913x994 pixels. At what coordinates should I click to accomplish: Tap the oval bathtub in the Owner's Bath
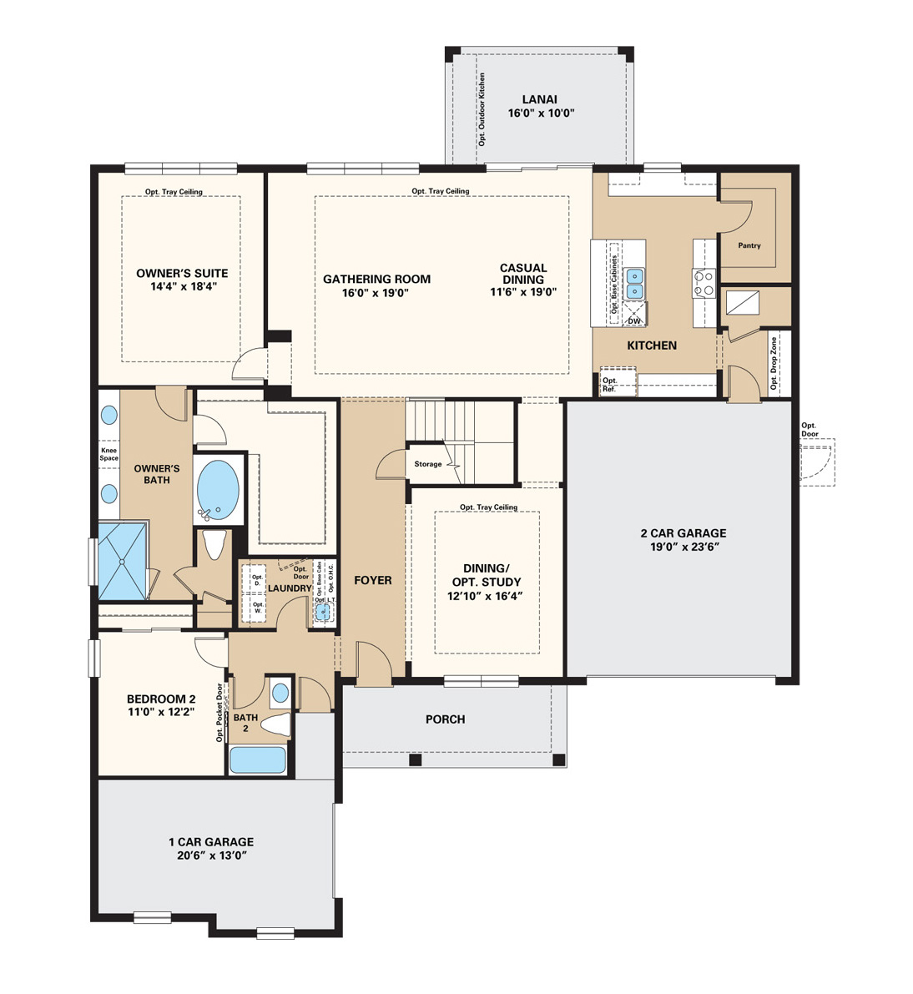pyautogui.click(x=217, y=489)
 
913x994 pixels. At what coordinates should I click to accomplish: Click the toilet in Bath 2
pyautogui.click(x=275, y=724)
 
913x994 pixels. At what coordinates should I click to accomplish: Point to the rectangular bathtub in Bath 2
pyautogui.click(x=257, y=760)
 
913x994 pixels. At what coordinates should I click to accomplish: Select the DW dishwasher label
pyautogui.click(x=634, y=321)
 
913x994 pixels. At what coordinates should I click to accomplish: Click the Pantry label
pyautogui.click(x=749, y=245)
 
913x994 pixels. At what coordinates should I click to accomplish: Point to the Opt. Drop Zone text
pyautogui.click(x=774, y=363)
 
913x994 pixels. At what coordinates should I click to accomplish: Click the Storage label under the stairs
pyautogui.click(x=428, y=464)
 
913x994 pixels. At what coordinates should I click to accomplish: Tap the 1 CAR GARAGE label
pyautogui.click(x=211, y=842)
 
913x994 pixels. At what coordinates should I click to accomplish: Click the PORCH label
pyautogui.click(x=445, y=719)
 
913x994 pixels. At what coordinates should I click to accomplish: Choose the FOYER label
pyautogui.click(x=372, y=580)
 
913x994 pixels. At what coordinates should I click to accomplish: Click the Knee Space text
pyautogui.click(x=109, y=454)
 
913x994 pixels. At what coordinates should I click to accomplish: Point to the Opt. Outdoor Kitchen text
pyautogui.click(x=482, y=109)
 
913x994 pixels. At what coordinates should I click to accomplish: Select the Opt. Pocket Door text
pyautogui.click(x=219, y=713)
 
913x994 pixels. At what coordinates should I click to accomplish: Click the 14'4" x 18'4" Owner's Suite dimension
pyautogui.click(x=182, y=286)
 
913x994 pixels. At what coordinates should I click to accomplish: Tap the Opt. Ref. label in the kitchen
pyautogui.click(x=609, y=385)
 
